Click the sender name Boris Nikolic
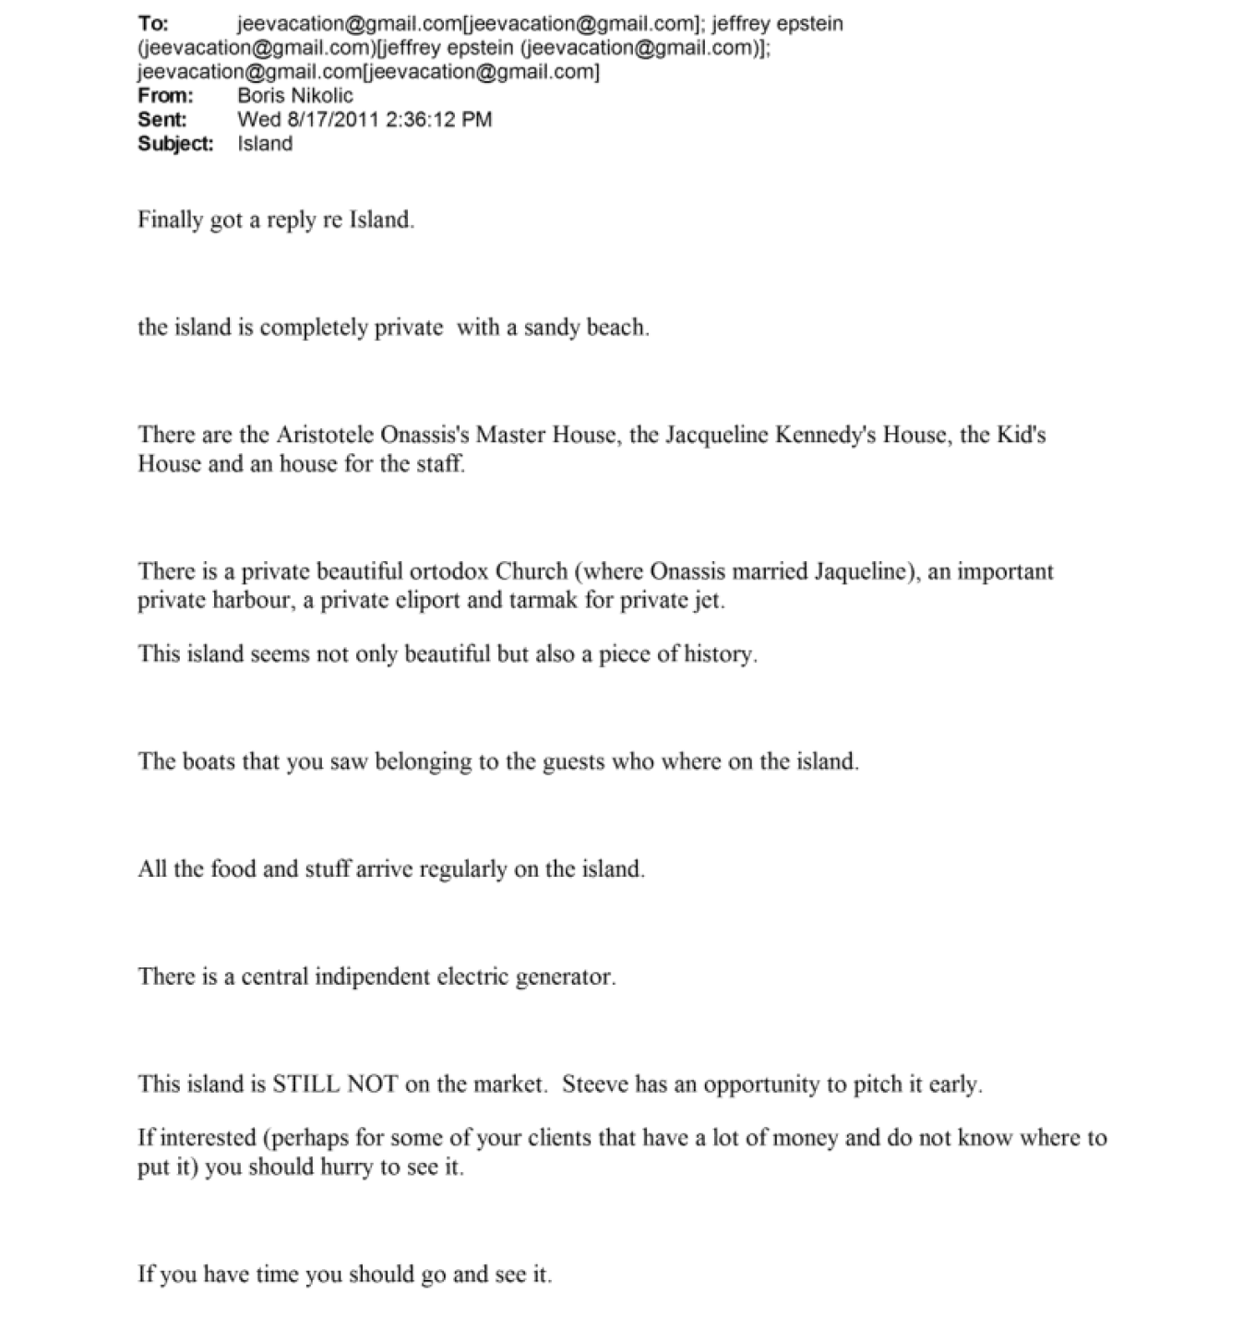(x=295, y=95)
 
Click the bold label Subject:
(x=175, y=143)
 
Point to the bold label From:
(x=166, y=95)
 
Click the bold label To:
(x=153, y=23)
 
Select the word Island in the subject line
(x=265, y=143)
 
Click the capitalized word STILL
(x=306, y=1084)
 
